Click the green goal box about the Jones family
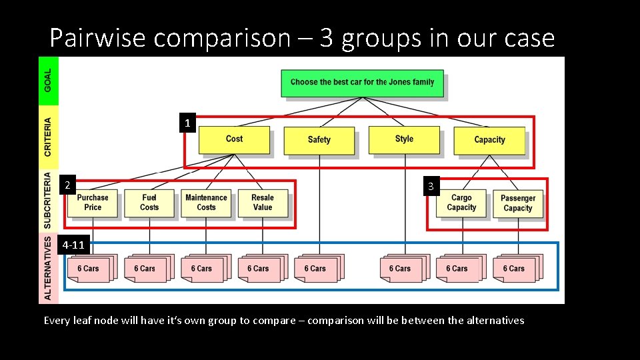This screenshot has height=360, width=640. click(x=362, y=83)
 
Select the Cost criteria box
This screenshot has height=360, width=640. click(x=234, y=139)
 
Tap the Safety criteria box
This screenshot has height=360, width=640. click(x=319, y=140)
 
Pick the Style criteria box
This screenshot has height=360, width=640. click(x=404, y=139)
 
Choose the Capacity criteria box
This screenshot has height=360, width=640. click(x=489, y=140)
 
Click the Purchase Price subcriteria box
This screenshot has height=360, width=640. click(x=93, y=203)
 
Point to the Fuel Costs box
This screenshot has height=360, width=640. click(x=149, y=203)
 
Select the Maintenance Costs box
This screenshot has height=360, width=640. click(x=206, y=203)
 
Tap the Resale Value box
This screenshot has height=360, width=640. click(x=263, y=203)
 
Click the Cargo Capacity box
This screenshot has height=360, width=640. click(x=461, y=203)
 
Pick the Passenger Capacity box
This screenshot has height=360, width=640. click(x=518, y=203)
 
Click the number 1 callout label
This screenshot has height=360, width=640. click(x=187, y=123)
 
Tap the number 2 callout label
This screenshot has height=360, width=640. click(x=66, y=185)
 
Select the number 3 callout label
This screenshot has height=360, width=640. click(x=431, y=187)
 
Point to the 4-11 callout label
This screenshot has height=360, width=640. click(x=73, y=245)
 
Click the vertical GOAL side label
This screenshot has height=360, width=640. click(x=48, y=81)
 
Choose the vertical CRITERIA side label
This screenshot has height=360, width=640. click(x=48, y=137)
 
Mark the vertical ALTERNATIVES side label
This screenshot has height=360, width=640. click(x=48, y=267)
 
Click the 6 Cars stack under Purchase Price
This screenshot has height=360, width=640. click(x=89, y=268)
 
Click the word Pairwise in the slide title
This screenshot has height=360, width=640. click(x=97, y=38)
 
